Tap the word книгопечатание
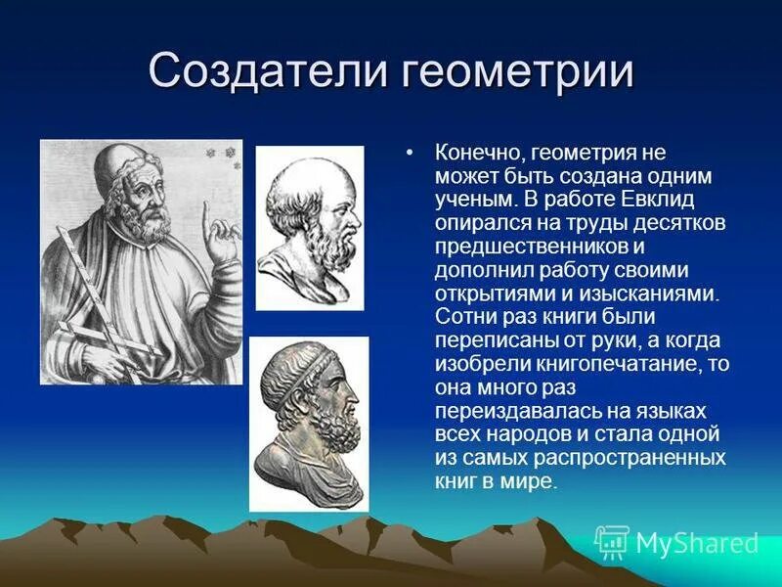(606, 363)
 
